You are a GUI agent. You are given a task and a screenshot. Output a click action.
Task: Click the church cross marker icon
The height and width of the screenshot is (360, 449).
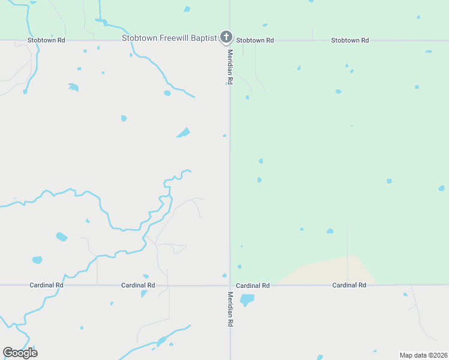226,38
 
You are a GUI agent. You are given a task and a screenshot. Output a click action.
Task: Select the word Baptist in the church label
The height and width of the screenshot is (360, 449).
203,38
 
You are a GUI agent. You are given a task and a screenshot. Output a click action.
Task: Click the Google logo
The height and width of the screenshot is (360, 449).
20,353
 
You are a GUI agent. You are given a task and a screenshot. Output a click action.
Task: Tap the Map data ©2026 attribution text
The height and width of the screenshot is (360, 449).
423,355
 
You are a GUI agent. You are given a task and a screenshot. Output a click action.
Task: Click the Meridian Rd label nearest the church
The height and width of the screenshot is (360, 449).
230,66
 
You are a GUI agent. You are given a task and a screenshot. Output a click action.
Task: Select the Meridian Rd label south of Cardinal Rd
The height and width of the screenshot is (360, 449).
230,309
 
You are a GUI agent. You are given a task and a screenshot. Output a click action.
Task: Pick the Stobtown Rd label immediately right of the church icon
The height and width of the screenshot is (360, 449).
255,40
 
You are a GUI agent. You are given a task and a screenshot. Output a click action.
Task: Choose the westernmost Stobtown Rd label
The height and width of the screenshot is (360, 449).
46,40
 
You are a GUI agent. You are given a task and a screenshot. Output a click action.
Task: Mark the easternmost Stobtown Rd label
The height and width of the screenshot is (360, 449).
350,40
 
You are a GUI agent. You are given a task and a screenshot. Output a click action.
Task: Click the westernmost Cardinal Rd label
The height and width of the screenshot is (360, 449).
46,285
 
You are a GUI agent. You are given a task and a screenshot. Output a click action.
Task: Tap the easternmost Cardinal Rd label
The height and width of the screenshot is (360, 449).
349,285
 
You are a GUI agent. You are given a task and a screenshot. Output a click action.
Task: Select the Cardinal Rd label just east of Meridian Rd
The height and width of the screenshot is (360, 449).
253,285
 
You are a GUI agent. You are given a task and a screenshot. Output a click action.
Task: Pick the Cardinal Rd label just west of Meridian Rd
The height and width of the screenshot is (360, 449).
138,285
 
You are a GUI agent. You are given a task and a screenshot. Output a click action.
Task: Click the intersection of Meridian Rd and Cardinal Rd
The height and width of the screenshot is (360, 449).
230,285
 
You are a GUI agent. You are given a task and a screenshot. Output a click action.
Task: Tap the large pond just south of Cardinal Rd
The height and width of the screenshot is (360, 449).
247,299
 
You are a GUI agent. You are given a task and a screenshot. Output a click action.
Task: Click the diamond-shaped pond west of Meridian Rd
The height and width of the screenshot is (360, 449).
183,133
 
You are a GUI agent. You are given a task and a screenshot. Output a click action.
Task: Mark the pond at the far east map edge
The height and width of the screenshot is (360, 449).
442,188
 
